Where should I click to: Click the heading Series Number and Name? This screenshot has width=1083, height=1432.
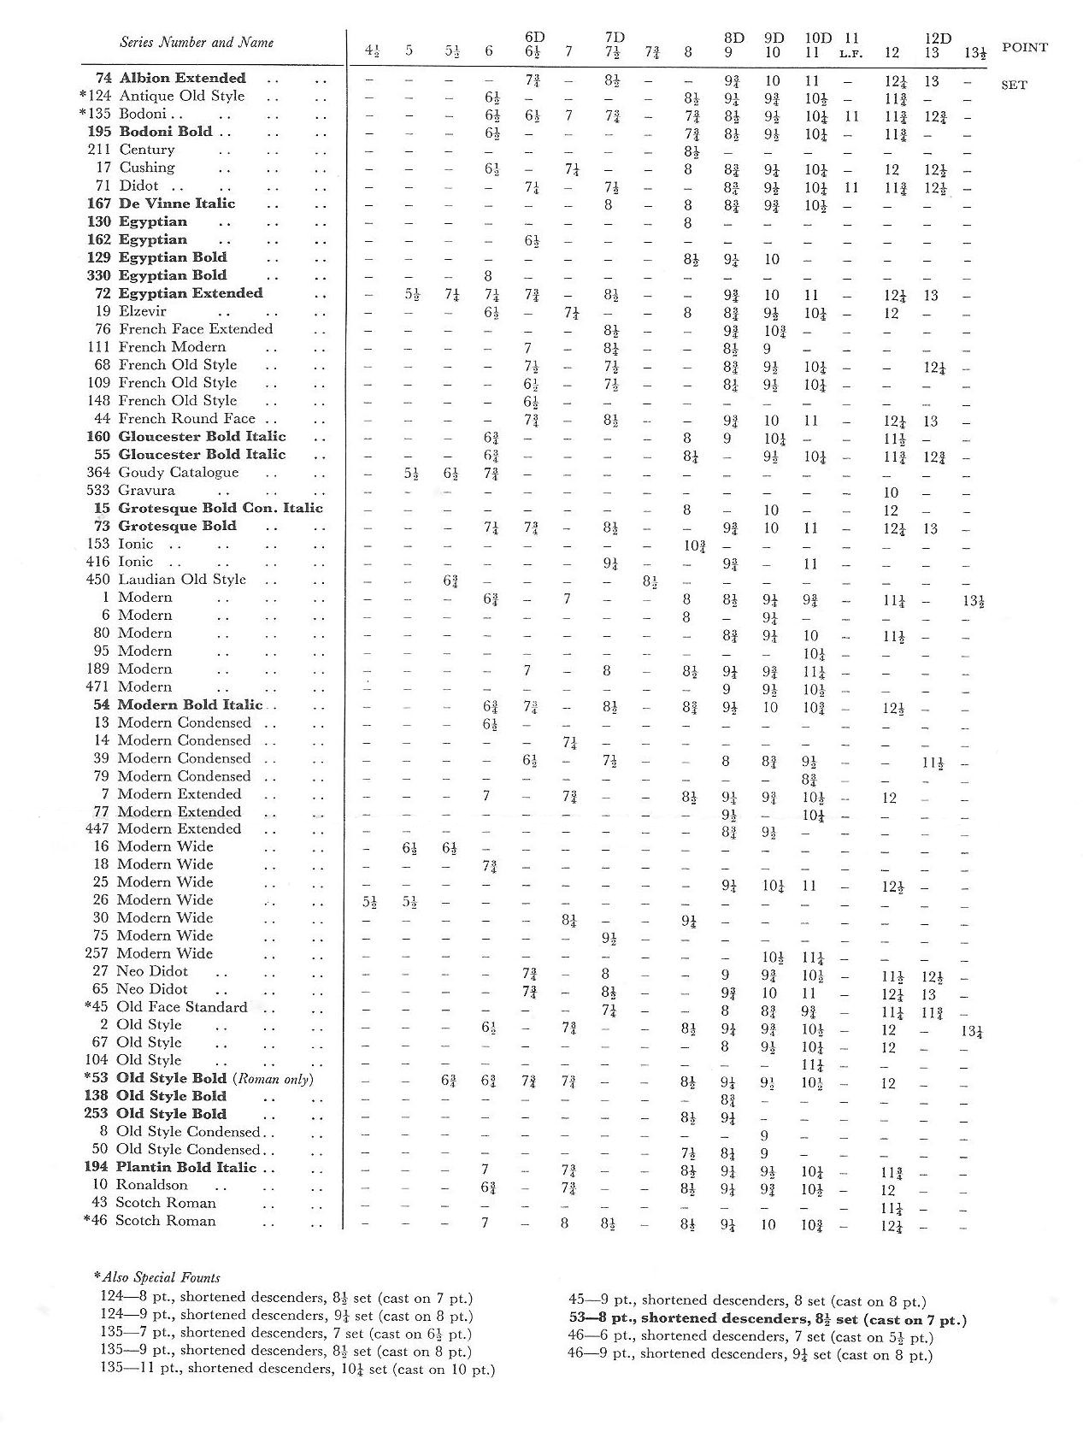[197, 42]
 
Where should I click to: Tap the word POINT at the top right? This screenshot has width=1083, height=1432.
[1024, 48]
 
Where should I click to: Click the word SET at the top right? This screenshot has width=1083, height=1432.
[1014, 85]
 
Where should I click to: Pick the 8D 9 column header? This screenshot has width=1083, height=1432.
[733, 45]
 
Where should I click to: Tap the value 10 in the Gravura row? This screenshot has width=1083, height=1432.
[891, 492]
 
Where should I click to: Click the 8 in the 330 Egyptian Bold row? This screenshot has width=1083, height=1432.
[488, 276]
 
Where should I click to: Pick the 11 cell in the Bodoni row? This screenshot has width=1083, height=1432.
[851, 115]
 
